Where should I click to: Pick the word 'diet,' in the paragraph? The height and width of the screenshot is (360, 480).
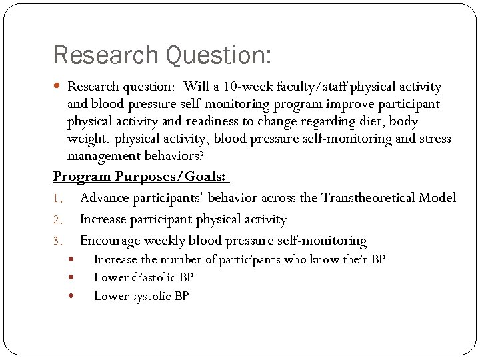(x=371, y=121)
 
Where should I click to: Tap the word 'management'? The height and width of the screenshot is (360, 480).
(x=102, y=156)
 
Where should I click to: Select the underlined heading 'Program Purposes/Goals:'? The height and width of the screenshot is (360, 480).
(x=141, y=177)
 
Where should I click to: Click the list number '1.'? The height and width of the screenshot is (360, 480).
(x=58, y=199)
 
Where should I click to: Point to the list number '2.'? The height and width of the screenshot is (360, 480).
(x=58, y=220)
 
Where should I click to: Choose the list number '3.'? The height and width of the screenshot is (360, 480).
(x=58, y=241)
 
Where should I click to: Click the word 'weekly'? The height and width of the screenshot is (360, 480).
(x=167, y=241)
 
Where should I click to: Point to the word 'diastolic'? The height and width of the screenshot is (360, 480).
(x=152, y=277)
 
